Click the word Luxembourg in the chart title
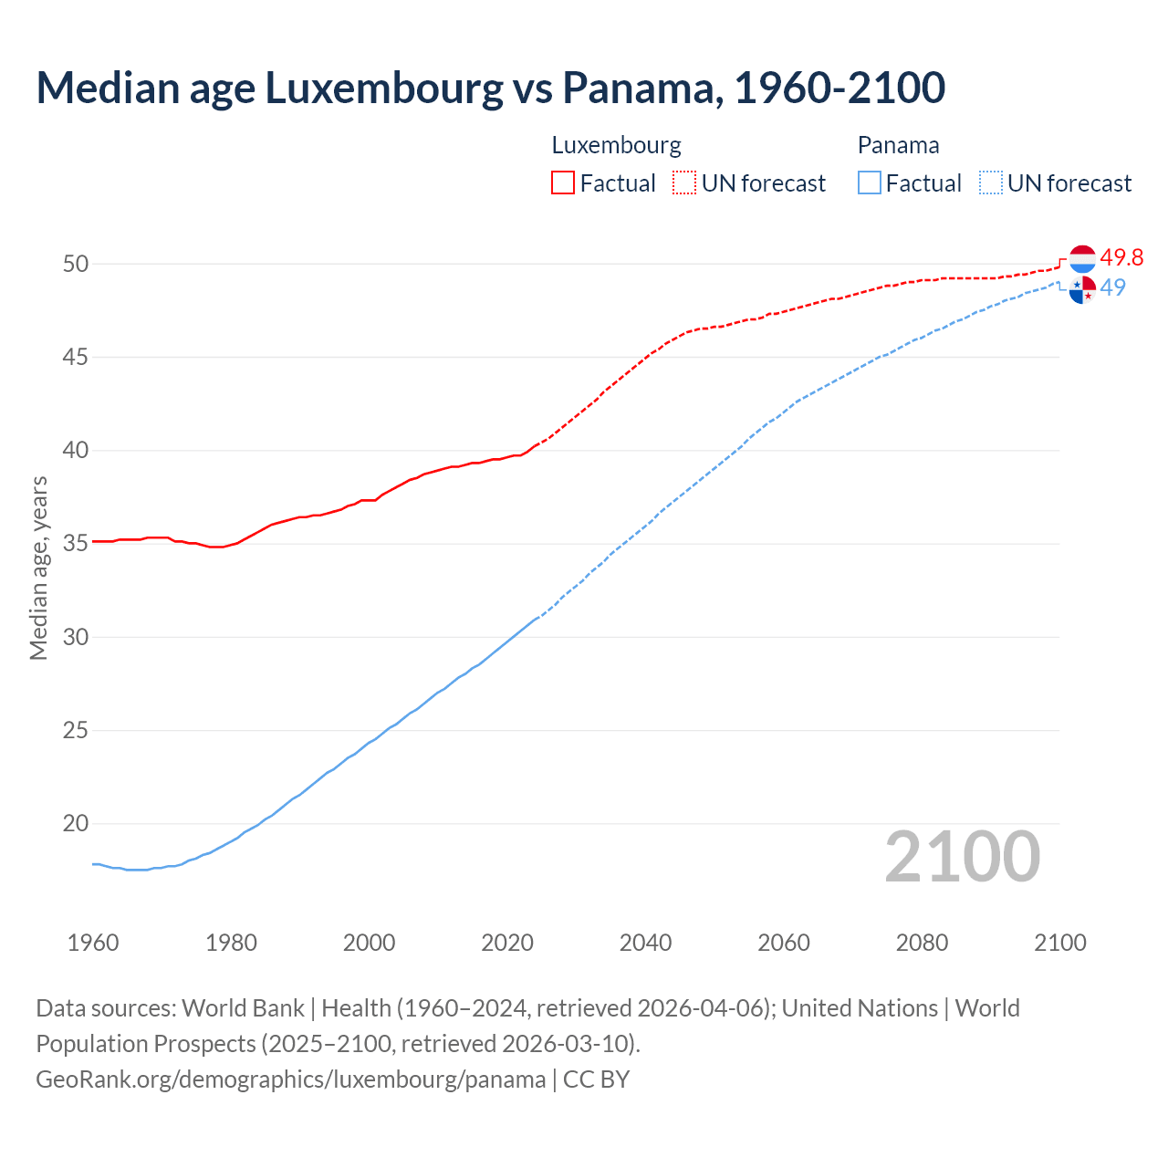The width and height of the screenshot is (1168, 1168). [x=383, y=88]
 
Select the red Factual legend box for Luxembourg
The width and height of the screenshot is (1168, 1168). [x=563, y=182]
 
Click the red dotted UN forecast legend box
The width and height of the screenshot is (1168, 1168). [x=684, y=182]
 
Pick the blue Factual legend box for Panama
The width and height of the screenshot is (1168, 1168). [x=870, y=182]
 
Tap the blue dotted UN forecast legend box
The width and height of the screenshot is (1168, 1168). [x=991, y=182]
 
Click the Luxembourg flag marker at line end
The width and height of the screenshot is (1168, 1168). [x=1082, y=259]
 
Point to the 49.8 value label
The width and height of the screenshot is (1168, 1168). [x=1121, y=257]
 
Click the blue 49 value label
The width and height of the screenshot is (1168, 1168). [x=1112, y=287]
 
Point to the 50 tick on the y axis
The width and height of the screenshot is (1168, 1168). [x=76, y=264]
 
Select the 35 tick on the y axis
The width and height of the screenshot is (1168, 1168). [x=76, y=544]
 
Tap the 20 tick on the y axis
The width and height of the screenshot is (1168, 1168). [x=76, y=823]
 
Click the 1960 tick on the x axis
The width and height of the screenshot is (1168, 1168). [x=93, y=943]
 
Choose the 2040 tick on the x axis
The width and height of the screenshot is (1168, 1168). [x=645, y=943]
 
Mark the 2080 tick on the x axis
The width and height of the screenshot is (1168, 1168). [x=922, y=943]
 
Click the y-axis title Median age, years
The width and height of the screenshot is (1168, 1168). [x=38, y=568]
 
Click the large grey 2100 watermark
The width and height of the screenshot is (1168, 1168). [x=963, y=856]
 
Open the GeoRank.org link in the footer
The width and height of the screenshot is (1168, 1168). [x=290, y=1079]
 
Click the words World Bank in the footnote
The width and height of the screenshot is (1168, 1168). [x=243, y=1007]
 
